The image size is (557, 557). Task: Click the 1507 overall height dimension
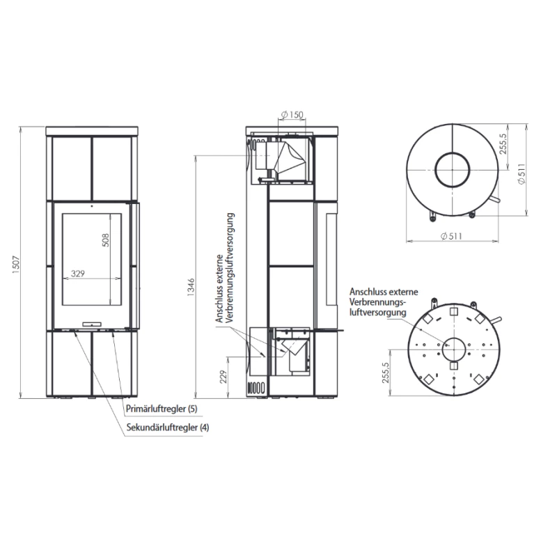click(x=16, y=265)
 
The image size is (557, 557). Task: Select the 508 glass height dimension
click(x=106, y=240)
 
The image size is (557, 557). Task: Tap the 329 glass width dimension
click(x=78, y=273)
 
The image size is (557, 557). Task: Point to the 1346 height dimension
click(x=191, y=288)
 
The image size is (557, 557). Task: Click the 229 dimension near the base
click(x=223, y=377)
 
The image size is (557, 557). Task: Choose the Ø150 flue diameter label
click(x=292, y=114)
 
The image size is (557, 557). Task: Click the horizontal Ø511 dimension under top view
click(x=451, y=236)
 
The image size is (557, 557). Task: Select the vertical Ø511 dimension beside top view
click(x=521, y=173)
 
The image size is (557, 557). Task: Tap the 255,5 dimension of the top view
click(x=503, y=144)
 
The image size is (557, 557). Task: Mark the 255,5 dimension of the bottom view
click(x=386, y=372)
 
